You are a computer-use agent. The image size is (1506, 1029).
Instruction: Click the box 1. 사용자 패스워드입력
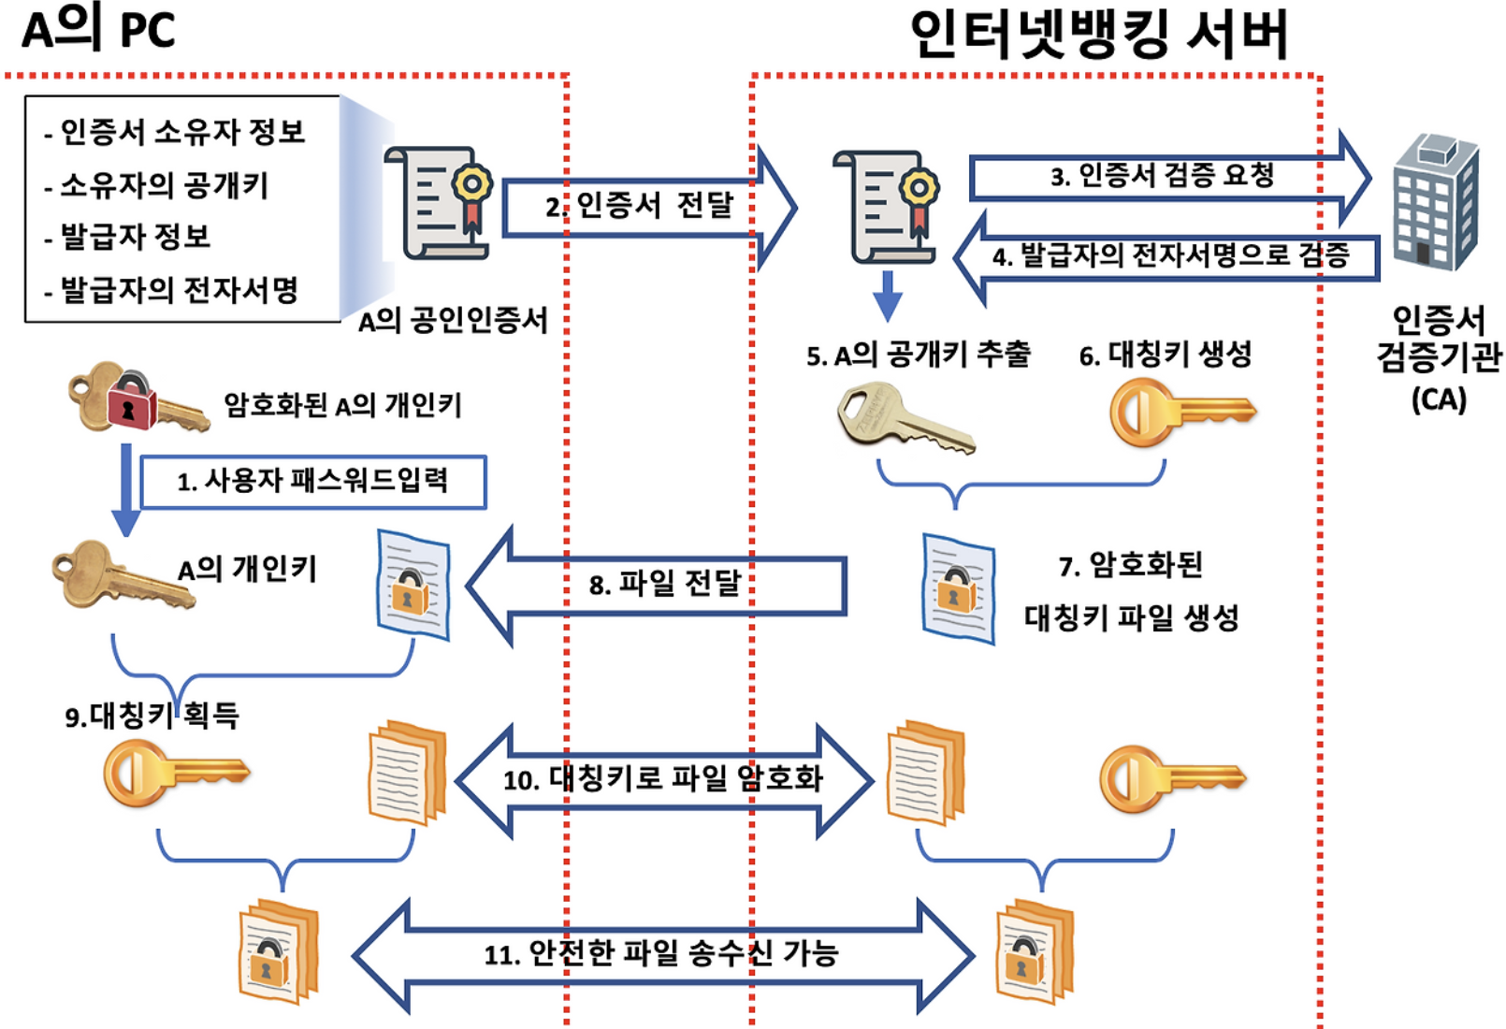[x=313, y=482]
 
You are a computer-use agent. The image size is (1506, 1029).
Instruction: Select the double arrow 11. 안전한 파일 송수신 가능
[x=660, y=954]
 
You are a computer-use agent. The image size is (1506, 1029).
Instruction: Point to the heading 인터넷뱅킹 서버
[x=1100, y=36]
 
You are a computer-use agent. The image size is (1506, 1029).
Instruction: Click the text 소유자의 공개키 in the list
[x=165, y=185]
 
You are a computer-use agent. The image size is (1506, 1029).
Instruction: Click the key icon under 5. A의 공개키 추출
[x=904, y=417]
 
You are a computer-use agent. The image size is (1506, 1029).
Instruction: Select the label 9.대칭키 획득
[x=152, y=717]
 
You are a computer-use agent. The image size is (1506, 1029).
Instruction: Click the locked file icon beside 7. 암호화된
[x=958, y=587]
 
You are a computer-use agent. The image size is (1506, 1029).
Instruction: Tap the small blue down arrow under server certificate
[x=887, y=296]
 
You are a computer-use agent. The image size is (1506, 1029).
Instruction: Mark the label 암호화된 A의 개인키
[x=342, y=406]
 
